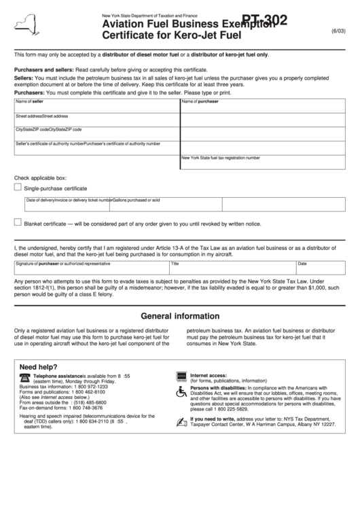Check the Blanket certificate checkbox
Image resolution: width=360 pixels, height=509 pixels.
tap(18, 222)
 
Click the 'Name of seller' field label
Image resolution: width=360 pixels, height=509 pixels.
tap(29, 101)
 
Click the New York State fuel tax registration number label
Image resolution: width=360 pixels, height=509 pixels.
tap(221, 158)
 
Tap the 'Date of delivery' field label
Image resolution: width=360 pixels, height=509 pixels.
tap(40, 200)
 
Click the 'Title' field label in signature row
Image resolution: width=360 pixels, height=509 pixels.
tap(175, 263)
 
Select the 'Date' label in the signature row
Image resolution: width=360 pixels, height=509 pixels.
tap(302, 263)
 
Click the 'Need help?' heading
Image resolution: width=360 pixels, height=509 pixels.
tap(39, 364)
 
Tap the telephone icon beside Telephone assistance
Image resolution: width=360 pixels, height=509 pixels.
tap(25, 376)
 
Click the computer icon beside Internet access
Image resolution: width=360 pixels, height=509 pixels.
tap(181, 375)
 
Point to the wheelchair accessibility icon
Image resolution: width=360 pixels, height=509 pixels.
tap(181, 392)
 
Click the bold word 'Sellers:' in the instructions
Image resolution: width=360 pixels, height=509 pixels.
tap(24, 78)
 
